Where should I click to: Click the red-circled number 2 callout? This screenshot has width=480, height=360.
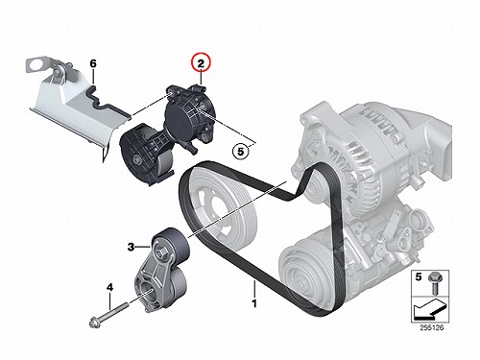(x=201, y=62)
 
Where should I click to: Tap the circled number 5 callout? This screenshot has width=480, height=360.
(x=241, y=152)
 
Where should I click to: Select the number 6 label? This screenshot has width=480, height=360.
(x=93, y=63)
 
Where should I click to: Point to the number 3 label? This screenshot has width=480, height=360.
(x=131, y=247)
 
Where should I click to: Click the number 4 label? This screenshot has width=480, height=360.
(x=109, y=288)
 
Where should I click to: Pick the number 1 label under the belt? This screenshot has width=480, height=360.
(x=254, y=303)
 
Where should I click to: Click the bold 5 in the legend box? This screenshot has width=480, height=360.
(x=419, y=276)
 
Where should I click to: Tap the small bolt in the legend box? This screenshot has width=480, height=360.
(x=434, y=283)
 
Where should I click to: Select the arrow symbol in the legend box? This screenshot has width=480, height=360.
(x=428, y=310)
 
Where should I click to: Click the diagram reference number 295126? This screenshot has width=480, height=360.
(x=432, y=327)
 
